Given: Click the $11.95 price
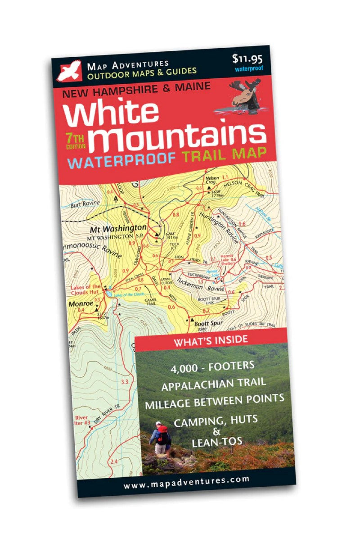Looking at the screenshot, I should click(247, 59).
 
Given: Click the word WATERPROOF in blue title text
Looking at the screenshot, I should click(121, 161).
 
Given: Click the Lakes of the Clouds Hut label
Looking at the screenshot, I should click(85, 290).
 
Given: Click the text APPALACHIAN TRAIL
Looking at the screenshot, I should click(213, 383).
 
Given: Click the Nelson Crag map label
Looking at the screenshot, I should click(211, 180).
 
